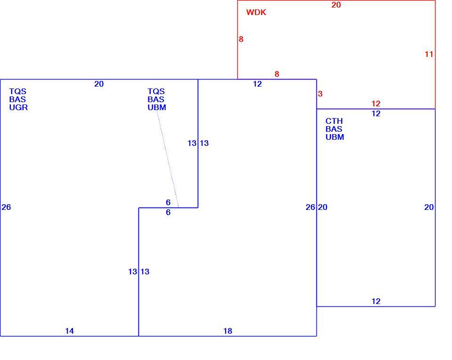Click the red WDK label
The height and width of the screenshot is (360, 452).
tap(256, 12)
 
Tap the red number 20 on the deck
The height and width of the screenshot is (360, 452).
tap(336, 5)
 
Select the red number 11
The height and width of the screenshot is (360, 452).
tap(429, 54)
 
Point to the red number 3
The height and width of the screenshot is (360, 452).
tap(320, 94)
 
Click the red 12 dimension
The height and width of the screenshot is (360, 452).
tap(376, 104)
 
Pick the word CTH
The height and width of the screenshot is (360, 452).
tap(334, 121)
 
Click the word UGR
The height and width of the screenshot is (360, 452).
tap(18, 107)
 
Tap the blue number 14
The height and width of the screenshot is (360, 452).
tap(70, 331)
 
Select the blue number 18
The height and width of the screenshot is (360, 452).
tap(228, 331)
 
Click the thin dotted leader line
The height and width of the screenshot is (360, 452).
tap(168, 159)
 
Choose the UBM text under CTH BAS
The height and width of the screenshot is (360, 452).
tap(335, 137)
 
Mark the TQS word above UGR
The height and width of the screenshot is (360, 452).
tap(18, 91)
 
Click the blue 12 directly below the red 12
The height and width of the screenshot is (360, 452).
tap(376, 113)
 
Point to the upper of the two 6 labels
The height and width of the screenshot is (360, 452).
tap(168, 202)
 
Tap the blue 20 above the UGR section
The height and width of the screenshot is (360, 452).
tap(99, 84)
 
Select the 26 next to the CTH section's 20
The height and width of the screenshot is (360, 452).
tap(310, 207)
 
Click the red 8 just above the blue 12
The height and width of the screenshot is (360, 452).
tap(277, 74)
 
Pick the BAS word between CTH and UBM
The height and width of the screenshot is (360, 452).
tap(334, 129)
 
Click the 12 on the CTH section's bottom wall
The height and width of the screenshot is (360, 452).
tap(376, 301)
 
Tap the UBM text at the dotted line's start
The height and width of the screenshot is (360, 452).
tap(157, 107)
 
